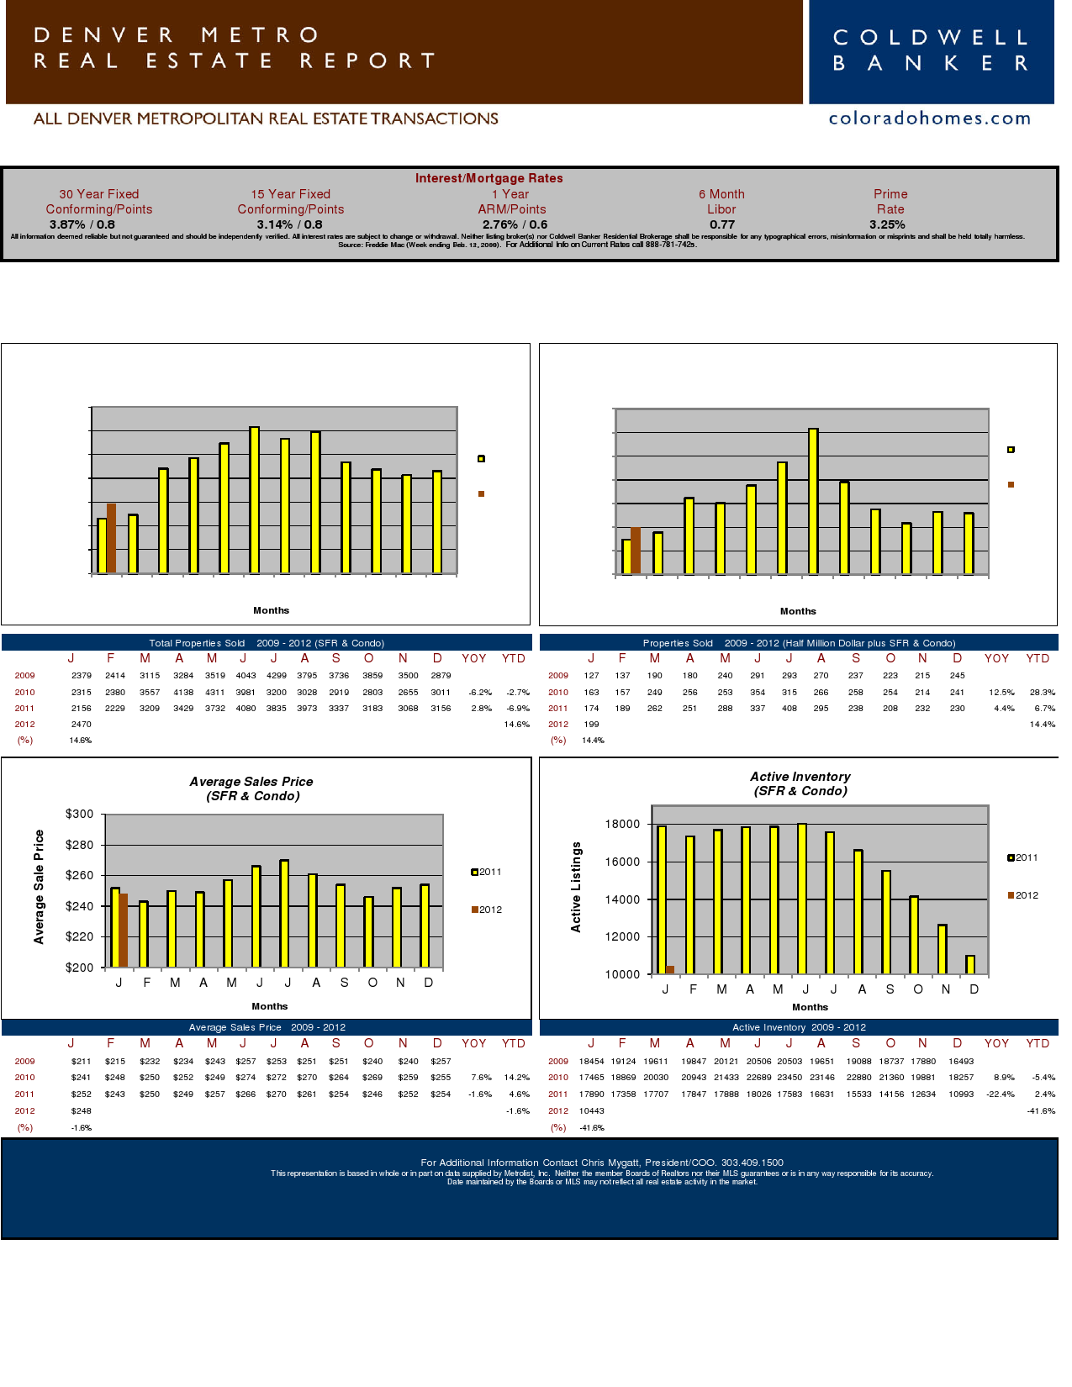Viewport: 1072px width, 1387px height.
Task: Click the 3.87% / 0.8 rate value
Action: tap(82, 224)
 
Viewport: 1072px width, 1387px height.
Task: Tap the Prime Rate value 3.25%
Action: tap(887, 224)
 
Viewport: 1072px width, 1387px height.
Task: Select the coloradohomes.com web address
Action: tap(929, 119)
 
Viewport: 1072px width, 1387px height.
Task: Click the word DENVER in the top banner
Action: tap(104, 35)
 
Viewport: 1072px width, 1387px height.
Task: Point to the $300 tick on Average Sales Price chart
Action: tap(80, 814)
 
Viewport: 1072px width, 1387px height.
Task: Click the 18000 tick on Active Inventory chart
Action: tap(622, 825)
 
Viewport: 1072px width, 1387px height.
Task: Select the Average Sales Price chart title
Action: tap(252, 788)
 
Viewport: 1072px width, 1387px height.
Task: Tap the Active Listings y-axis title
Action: tap(576, 887)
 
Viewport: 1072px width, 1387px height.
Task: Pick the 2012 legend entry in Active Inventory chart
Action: tap(1022, 895)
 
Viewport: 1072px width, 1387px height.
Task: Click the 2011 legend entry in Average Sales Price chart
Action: tap(486, 872)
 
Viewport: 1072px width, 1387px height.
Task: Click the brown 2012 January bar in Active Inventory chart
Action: tap(670, 969)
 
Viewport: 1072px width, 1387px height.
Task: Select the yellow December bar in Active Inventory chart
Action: tap(970, 964)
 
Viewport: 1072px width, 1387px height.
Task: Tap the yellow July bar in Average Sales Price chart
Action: tap(284, 913)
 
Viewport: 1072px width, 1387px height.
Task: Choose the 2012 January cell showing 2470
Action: tap(81, 724)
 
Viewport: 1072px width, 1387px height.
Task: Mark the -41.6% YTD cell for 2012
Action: tap(1041, 1110)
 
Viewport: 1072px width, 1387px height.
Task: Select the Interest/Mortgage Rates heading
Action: tap(488, 178)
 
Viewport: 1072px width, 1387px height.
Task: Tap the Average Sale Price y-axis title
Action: tap(39, 887)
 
